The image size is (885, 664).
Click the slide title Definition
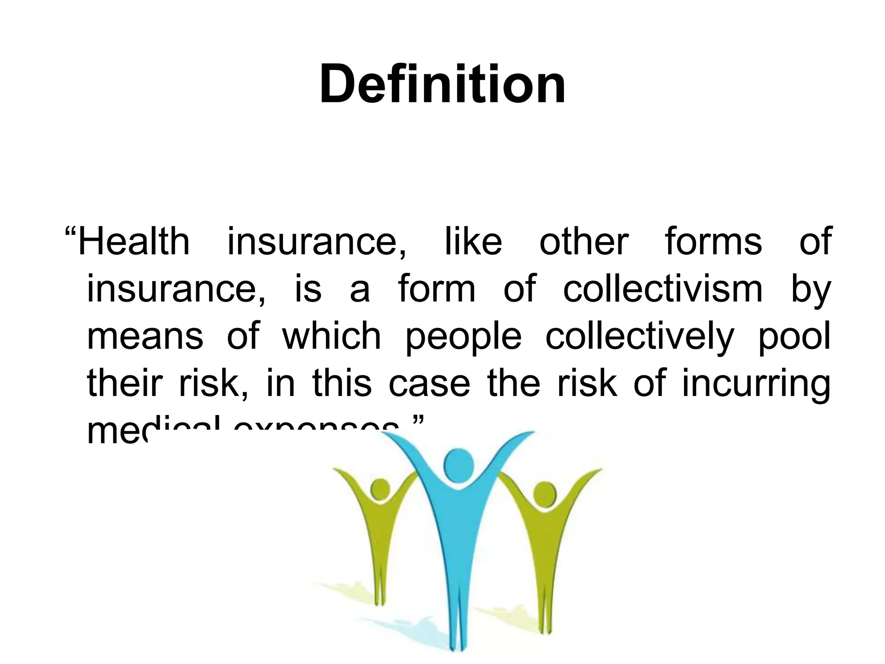click(442, 84)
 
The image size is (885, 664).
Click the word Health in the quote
click(134, 242)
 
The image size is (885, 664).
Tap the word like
click(473, 242)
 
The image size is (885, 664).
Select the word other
click(583, 242)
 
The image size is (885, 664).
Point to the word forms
click(713, 242)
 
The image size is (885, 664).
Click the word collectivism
click(663, 289)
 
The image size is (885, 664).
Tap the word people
click(463, 338)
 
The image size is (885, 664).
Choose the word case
click(429, 384)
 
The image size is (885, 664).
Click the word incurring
click(756, 384)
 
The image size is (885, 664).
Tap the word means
click(145, 337)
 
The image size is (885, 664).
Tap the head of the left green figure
click(380, 489)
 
